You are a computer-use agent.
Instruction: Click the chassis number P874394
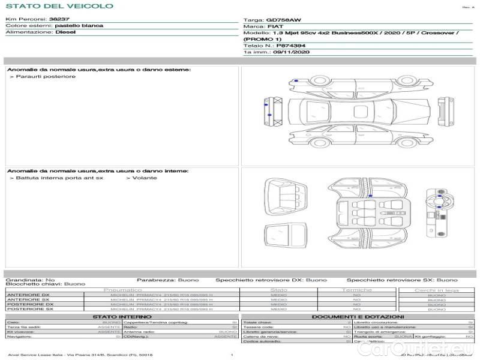pos(290,45)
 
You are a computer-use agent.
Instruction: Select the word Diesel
pos(65,32)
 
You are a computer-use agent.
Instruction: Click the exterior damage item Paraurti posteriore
pos(46,77)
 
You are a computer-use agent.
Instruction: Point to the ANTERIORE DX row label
pos(28,295)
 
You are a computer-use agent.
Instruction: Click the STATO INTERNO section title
pos(122,316)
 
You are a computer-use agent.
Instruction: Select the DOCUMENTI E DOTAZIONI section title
pos(358,316)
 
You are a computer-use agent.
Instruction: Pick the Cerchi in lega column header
pos(436,290)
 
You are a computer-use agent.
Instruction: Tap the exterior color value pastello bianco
pos(79,26)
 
